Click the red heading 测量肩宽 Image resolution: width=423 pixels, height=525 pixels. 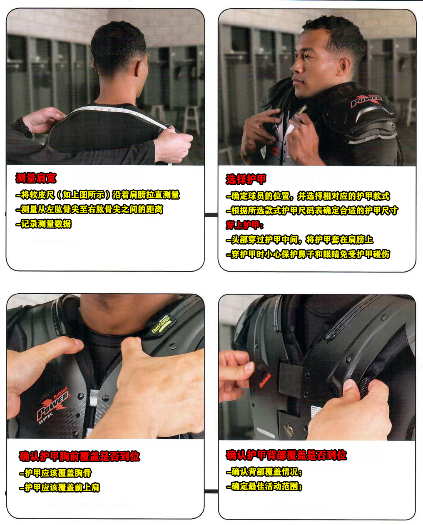coord(36,178)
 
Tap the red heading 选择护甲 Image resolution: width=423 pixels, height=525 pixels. coord(246,179)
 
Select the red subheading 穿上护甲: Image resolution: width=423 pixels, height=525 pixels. coord(244,225)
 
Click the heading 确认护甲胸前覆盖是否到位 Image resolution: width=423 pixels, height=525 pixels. coord(80,456)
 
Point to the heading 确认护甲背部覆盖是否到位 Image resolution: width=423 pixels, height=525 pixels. coord(286,455)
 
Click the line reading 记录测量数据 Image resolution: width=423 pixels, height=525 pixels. coord(43,224)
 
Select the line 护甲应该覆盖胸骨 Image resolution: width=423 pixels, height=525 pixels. coord(55,473)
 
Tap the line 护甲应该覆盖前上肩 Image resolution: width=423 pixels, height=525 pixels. coord(60,488)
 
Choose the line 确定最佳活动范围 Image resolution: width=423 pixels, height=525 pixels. coord(264,486)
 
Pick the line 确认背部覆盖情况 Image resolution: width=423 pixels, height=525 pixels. coord(264,472)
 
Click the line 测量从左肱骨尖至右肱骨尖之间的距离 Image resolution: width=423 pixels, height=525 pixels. coord(90,209)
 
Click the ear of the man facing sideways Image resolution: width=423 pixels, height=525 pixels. coord(343,67)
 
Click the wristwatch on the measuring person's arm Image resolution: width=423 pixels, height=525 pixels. coord(23,127)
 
